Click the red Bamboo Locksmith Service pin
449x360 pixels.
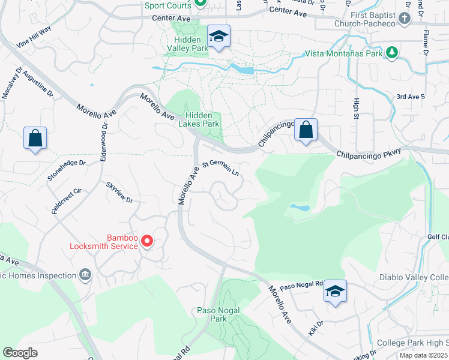pos(147,241)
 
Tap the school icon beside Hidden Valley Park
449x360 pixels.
pos(218,37)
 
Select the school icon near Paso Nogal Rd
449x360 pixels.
pos(335,292)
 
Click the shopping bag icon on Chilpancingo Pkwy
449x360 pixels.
pos(306,130)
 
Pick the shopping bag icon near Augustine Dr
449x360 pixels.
pos(35,138)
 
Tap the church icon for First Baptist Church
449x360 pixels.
pos(404,18)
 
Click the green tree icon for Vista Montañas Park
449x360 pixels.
pos(392,53)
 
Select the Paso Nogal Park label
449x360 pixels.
pos(218,314)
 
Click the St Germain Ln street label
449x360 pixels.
pos(220,166)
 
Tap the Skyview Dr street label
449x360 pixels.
pos(119,192)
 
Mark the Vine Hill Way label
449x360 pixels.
pos(34,37)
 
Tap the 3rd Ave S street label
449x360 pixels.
pos(411,96)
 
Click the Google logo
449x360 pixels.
pos(20,353)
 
